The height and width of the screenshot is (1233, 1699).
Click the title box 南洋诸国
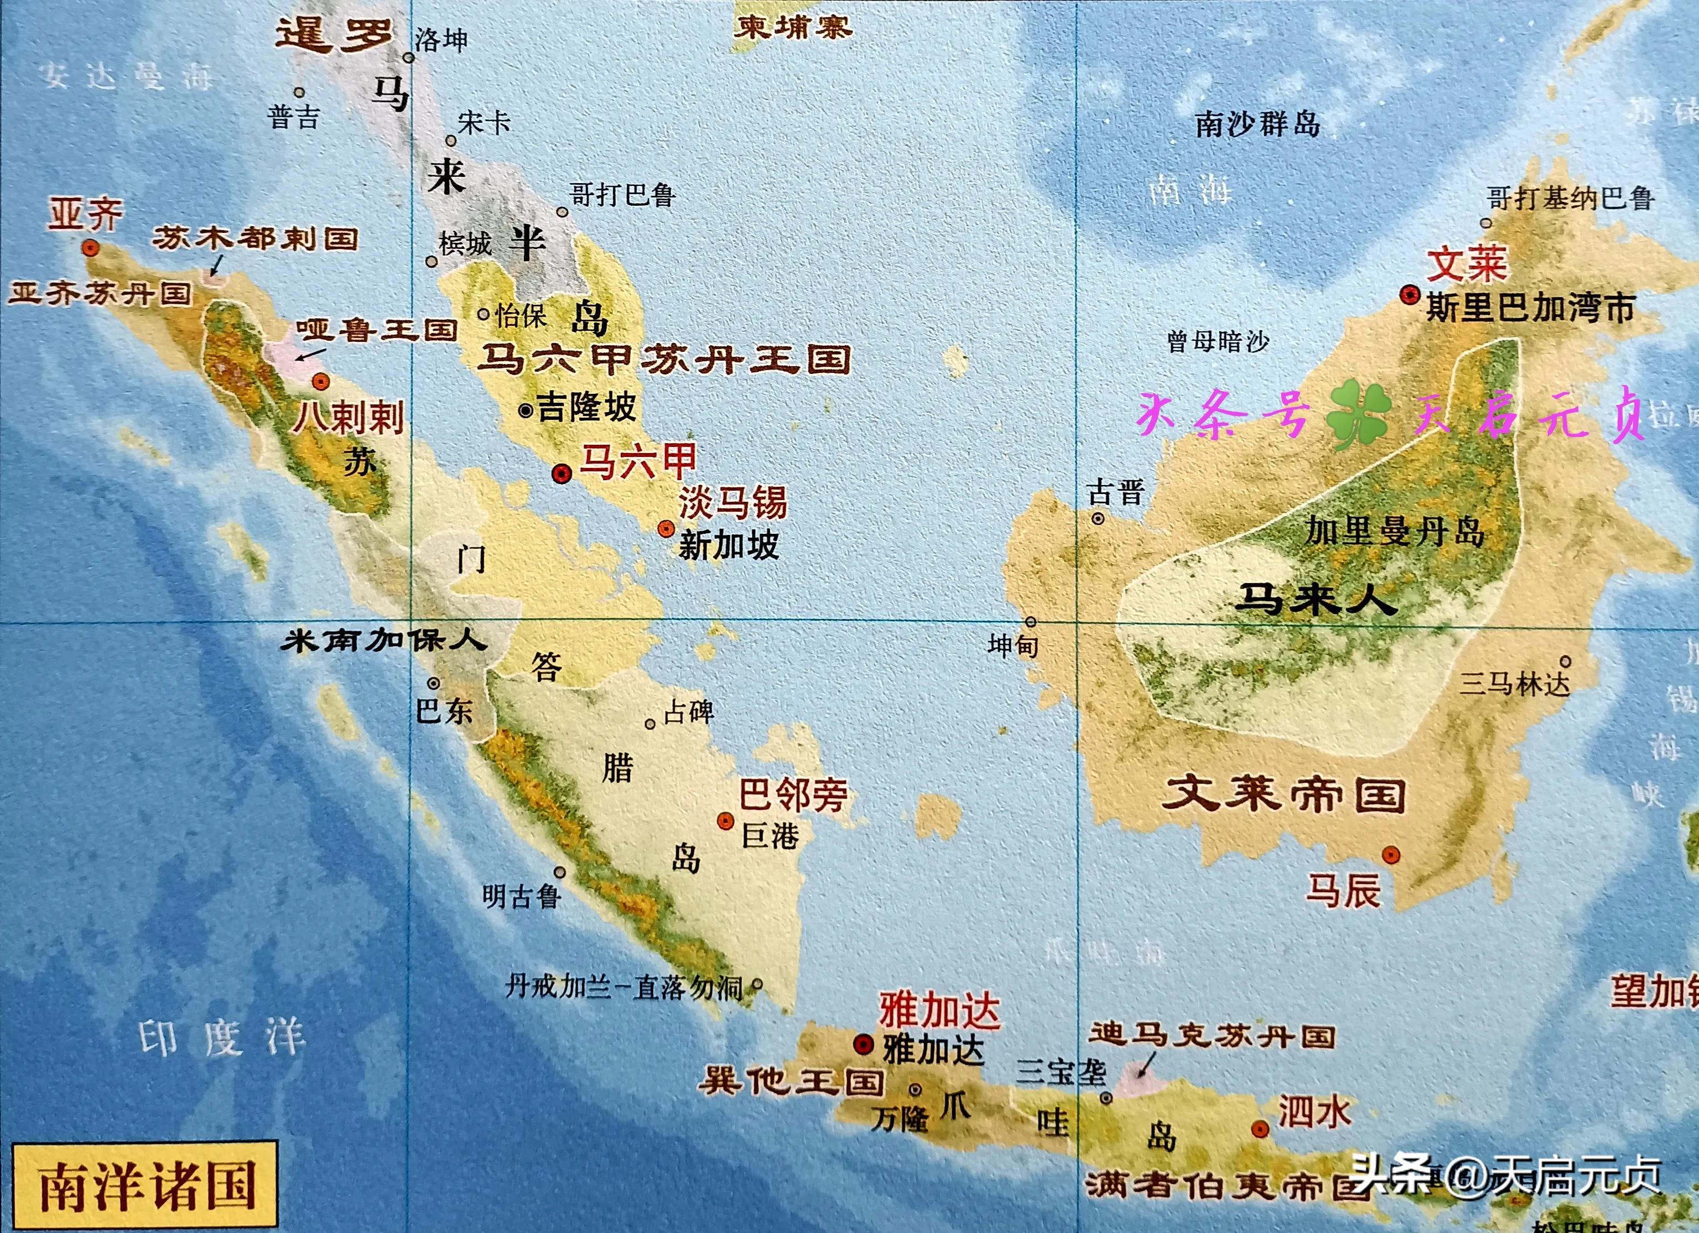[x=147, y=1184]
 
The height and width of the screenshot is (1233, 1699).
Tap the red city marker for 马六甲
[x=562, y=474]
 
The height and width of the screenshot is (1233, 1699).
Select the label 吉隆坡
[x=586, y=408]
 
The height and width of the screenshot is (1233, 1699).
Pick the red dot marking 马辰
[x=1390, y=855]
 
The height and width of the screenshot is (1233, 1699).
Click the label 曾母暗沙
[x=1218, y=342]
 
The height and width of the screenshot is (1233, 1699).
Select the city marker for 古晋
[x=1098, y=518]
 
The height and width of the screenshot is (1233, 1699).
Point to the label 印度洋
[x=222, y=1038]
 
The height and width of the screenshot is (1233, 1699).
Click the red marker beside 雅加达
[x=864, y=1044]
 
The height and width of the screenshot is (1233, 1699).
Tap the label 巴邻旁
[x=793, y=794]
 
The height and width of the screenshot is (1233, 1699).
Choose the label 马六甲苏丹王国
[x=664, y=360]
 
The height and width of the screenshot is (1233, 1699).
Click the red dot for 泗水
[x=1261, y=1129]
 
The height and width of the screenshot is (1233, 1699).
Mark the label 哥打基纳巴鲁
[x=1570, y=199]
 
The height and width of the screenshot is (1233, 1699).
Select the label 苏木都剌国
[x=256, y=239]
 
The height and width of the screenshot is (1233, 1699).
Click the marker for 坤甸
[x=1031, y=622]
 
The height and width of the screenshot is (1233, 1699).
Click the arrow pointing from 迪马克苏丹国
[x=1146, y=1064]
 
